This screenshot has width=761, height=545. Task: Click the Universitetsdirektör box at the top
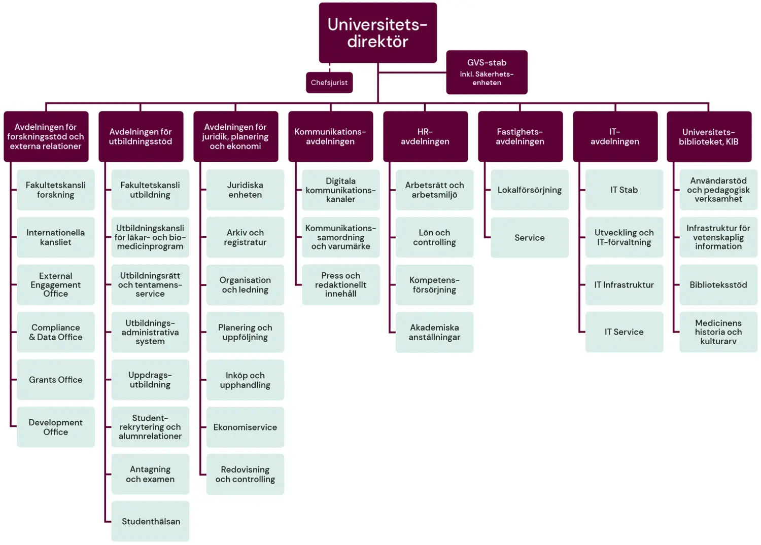(x=377, y=33)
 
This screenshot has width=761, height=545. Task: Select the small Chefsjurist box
(x=329, y=83)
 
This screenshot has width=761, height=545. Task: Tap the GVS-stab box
(x=487, y=72)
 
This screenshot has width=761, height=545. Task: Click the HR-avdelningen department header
(x=425, y=136)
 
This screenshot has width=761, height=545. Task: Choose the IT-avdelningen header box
(x=615, y=136)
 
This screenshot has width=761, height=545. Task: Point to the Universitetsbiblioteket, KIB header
(x=709, y=136)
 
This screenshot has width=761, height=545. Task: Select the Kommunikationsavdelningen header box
(x=330, y=136)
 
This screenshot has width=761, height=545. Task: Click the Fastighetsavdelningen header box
(x=520, y=136)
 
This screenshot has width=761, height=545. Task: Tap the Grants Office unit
(x=56, y=380)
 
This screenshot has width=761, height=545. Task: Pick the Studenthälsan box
(x=151, y=521)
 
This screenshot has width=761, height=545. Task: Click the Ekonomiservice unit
(x=245, y=427)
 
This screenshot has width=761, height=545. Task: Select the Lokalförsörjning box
(x=530, y=190)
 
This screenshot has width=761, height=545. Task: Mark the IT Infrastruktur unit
(x=624, y=285)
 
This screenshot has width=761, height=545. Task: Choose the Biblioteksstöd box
(x=718, y=285)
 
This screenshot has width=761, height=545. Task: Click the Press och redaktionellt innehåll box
(x=341, y=284)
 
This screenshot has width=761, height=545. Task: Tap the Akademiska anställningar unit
(x=434, y=332)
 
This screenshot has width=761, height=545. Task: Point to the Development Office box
(x=56, y=427)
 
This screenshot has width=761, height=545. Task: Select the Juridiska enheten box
(x=245, y=190)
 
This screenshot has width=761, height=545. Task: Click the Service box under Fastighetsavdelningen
(x=530, y=238)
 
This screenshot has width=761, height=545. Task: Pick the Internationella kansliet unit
(x=56, y=237)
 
